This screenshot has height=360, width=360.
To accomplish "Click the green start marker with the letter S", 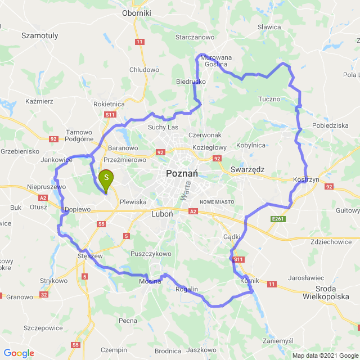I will pos(105,179).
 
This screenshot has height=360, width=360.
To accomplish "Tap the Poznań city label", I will pos(181,174).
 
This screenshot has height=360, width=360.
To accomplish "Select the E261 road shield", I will pos(278,219).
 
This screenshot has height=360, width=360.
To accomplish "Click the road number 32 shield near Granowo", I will pos(44,294).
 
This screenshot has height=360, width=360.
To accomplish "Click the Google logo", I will pos(19,353).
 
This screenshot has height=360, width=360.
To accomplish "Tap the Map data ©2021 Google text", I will pos(324,355).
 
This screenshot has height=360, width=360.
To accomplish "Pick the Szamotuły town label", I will pos(39,35).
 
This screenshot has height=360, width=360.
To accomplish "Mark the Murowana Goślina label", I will pos(216,61).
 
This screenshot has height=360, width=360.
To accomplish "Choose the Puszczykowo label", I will pos(150,254).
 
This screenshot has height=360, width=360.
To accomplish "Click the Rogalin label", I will pos(187,289).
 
